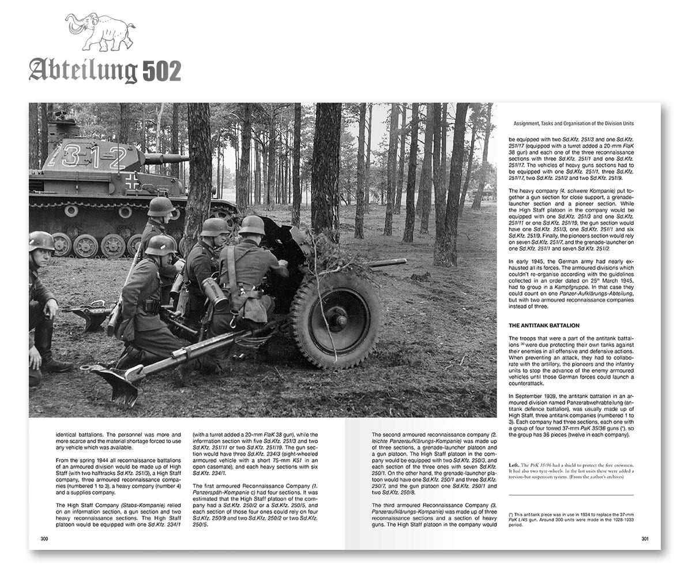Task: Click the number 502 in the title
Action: click(160, 72)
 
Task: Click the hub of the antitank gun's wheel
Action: click(339, 319)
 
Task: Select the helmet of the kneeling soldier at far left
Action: click(42, 240)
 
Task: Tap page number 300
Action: click(44, 539)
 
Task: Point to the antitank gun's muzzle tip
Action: click(404, 261)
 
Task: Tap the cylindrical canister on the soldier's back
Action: click(216, 293)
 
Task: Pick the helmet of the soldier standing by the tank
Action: click(160, 206)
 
